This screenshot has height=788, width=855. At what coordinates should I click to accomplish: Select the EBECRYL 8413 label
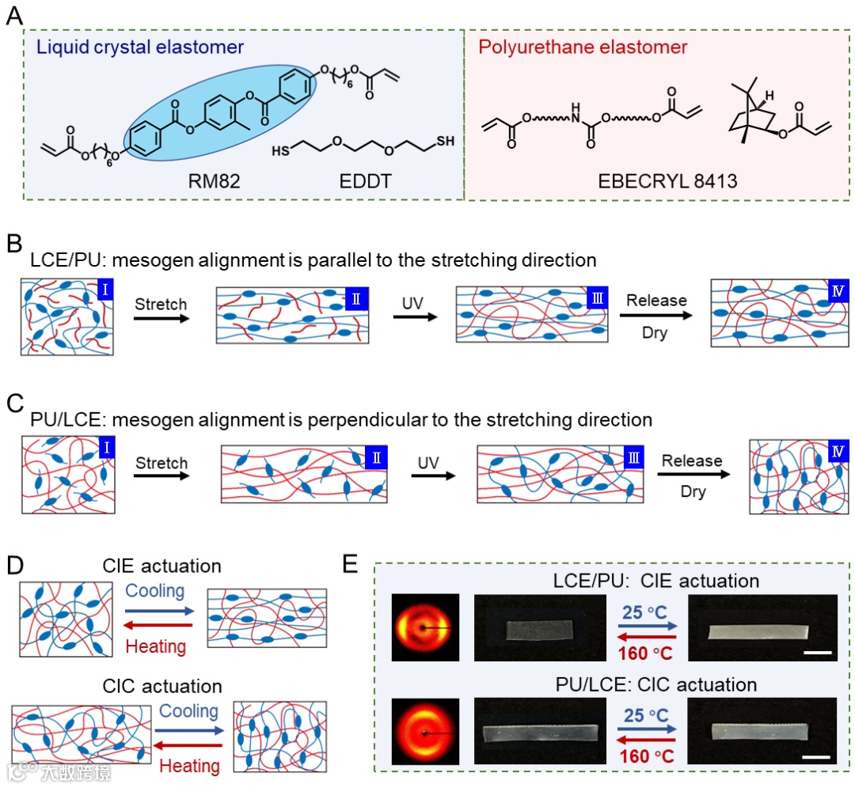point(667,181)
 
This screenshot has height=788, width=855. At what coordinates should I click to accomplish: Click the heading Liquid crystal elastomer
point(140,47)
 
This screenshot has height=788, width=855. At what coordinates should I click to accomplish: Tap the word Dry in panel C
point(693,491)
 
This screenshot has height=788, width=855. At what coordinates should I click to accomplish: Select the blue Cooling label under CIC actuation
point(189,711)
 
